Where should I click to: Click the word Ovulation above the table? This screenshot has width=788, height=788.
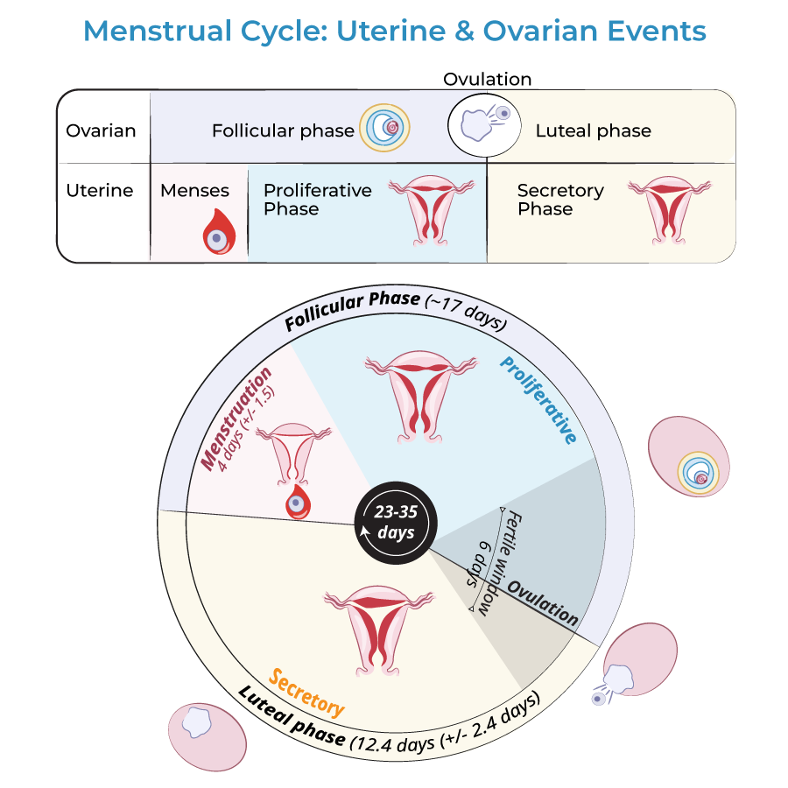click(487, 79)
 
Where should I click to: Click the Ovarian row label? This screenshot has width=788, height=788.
click(102, 131)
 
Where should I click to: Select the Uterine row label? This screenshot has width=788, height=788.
click(100, 190)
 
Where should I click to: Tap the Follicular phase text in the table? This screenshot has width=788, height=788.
click(283, 131)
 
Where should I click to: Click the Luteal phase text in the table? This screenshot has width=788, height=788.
click(593, 131)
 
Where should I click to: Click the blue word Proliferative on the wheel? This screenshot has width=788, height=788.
click(540, 399)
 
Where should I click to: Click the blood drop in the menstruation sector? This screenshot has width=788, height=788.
click(298, 503)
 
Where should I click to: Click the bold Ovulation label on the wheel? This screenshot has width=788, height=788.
click(544, 604)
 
